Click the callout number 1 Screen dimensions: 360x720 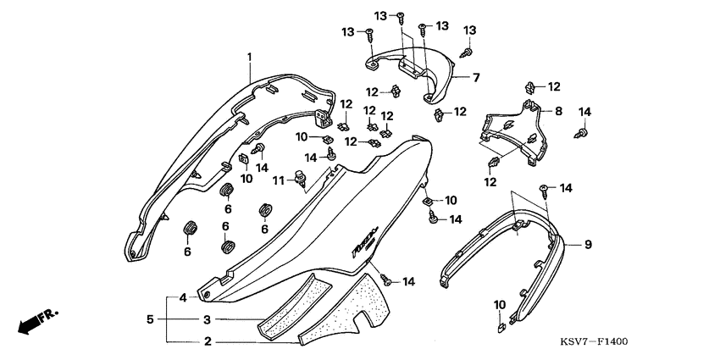(x=250, y=56)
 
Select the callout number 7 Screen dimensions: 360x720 (x=476, y=78)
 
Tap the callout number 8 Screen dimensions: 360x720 (x=558, y=112)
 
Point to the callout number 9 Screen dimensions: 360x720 (x=586, y=245)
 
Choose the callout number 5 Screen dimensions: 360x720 (x=151, y=319)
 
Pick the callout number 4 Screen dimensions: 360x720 (x=181, y=298)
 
